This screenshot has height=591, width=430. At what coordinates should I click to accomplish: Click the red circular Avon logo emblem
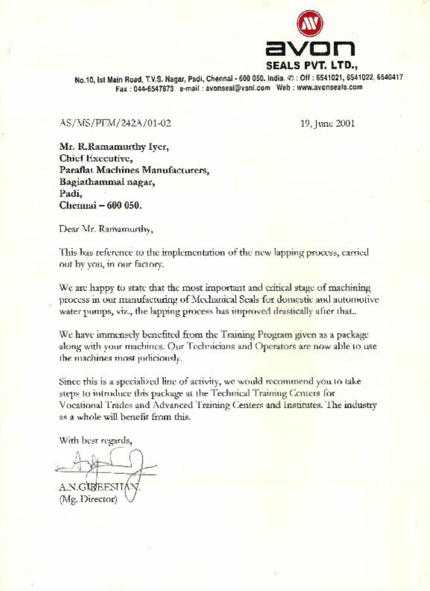coord(310,23)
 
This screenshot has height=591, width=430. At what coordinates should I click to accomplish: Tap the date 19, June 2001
coord(327,123)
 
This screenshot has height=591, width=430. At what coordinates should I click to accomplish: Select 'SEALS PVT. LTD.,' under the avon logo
coord(312,65)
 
